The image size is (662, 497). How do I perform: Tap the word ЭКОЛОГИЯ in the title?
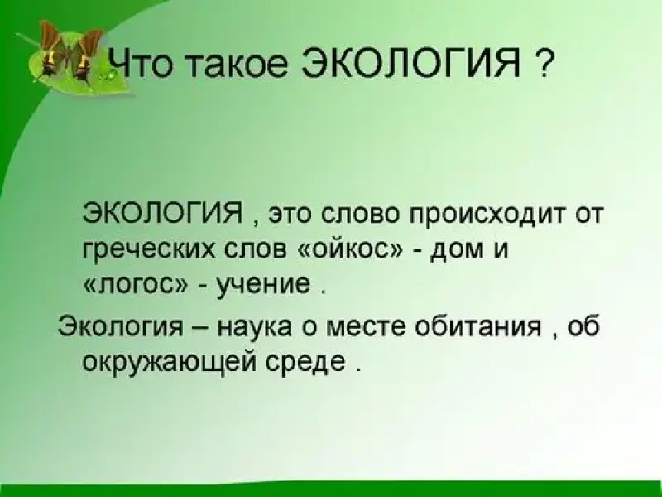[x=411, y=64]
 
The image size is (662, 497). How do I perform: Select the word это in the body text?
[x=290, y=215]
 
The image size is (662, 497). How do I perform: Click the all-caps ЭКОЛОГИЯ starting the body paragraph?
[x=165, y=213]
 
